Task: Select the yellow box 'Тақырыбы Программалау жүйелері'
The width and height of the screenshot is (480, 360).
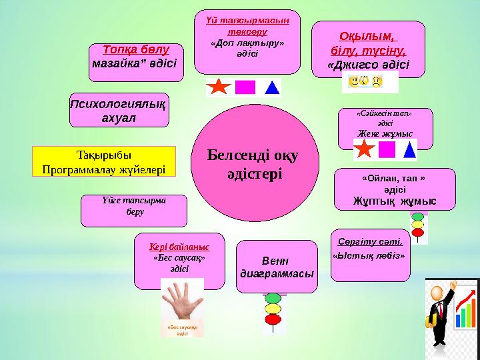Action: (103, 162)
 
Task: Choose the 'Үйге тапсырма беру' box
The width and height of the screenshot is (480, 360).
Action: (133, 210)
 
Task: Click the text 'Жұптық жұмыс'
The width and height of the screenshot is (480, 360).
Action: (395, 200)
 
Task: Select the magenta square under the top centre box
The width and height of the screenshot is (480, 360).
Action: (245, 88)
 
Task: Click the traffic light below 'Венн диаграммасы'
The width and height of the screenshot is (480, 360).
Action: (273, 309)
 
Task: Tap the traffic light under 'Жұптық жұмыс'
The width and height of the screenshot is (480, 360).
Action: (418, 225)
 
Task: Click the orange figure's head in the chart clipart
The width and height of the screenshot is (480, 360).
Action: (437, 293)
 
